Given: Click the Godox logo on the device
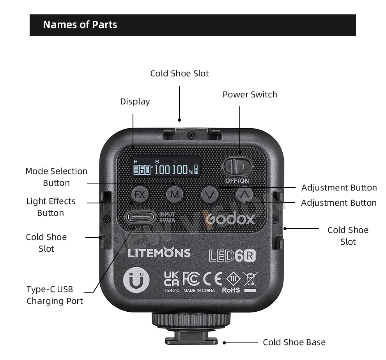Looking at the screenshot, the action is click(x=230, y=219).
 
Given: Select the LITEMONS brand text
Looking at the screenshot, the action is click(x=159, y=253).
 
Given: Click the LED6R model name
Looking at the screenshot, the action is click(x=232, y=255).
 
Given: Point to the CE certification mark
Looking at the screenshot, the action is click(x=213, y=279).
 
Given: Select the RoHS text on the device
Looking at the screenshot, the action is click(x=231, y=290).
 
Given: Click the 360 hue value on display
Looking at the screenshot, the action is click(x=142, y=170).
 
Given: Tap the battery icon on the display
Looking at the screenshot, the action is click(x=196, y=169).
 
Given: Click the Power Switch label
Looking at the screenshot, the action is click(x=250, y=95).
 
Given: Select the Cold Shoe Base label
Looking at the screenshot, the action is click(x=294, y=342).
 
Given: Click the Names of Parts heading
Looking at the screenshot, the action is click(x=80, y=25).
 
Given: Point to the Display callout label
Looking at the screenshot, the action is click(x=135, y=102).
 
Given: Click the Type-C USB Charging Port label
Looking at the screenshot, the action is click(x=55, y=295).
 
